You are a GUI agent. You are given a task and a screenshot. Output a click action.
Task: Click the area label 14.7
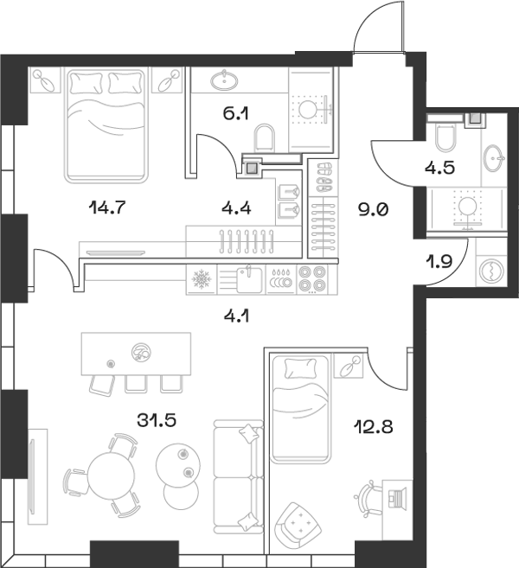tap(105, 206)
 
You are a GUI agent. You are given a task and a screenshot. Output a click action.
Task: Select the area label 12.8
tap(373, 424)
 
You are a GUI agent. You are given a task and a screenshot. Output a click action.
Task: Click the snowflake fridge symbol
tap(201, 279)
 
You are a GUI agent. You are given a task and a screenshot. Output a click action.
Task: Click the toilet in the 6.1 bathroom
tap(266, 139)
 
